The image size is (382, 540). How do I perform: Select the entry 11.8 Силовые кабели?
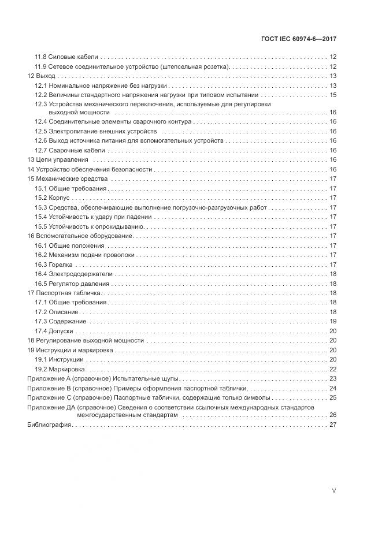(x=66, y=57)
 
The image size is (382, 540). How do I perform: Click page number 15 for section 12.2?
(x=333, y=95)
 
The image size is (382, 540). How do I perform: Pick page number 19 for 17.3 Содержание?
(x=333, y=321)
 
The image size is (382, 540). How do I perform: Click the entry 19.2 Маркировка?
(x=60, y=368)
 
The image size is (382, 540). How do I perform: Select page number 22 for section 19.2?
(x=333, y=368)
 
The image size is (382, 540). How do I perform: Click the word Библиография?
(x=49, y=425)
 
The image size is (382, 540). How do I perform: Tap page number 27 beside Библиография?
(x=333, y=425)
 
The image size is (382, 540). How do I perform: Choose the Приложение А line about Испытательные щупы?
(x=103, y=378)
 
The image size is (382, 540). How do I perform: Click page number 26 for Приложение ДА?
(x=333, y=415)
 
